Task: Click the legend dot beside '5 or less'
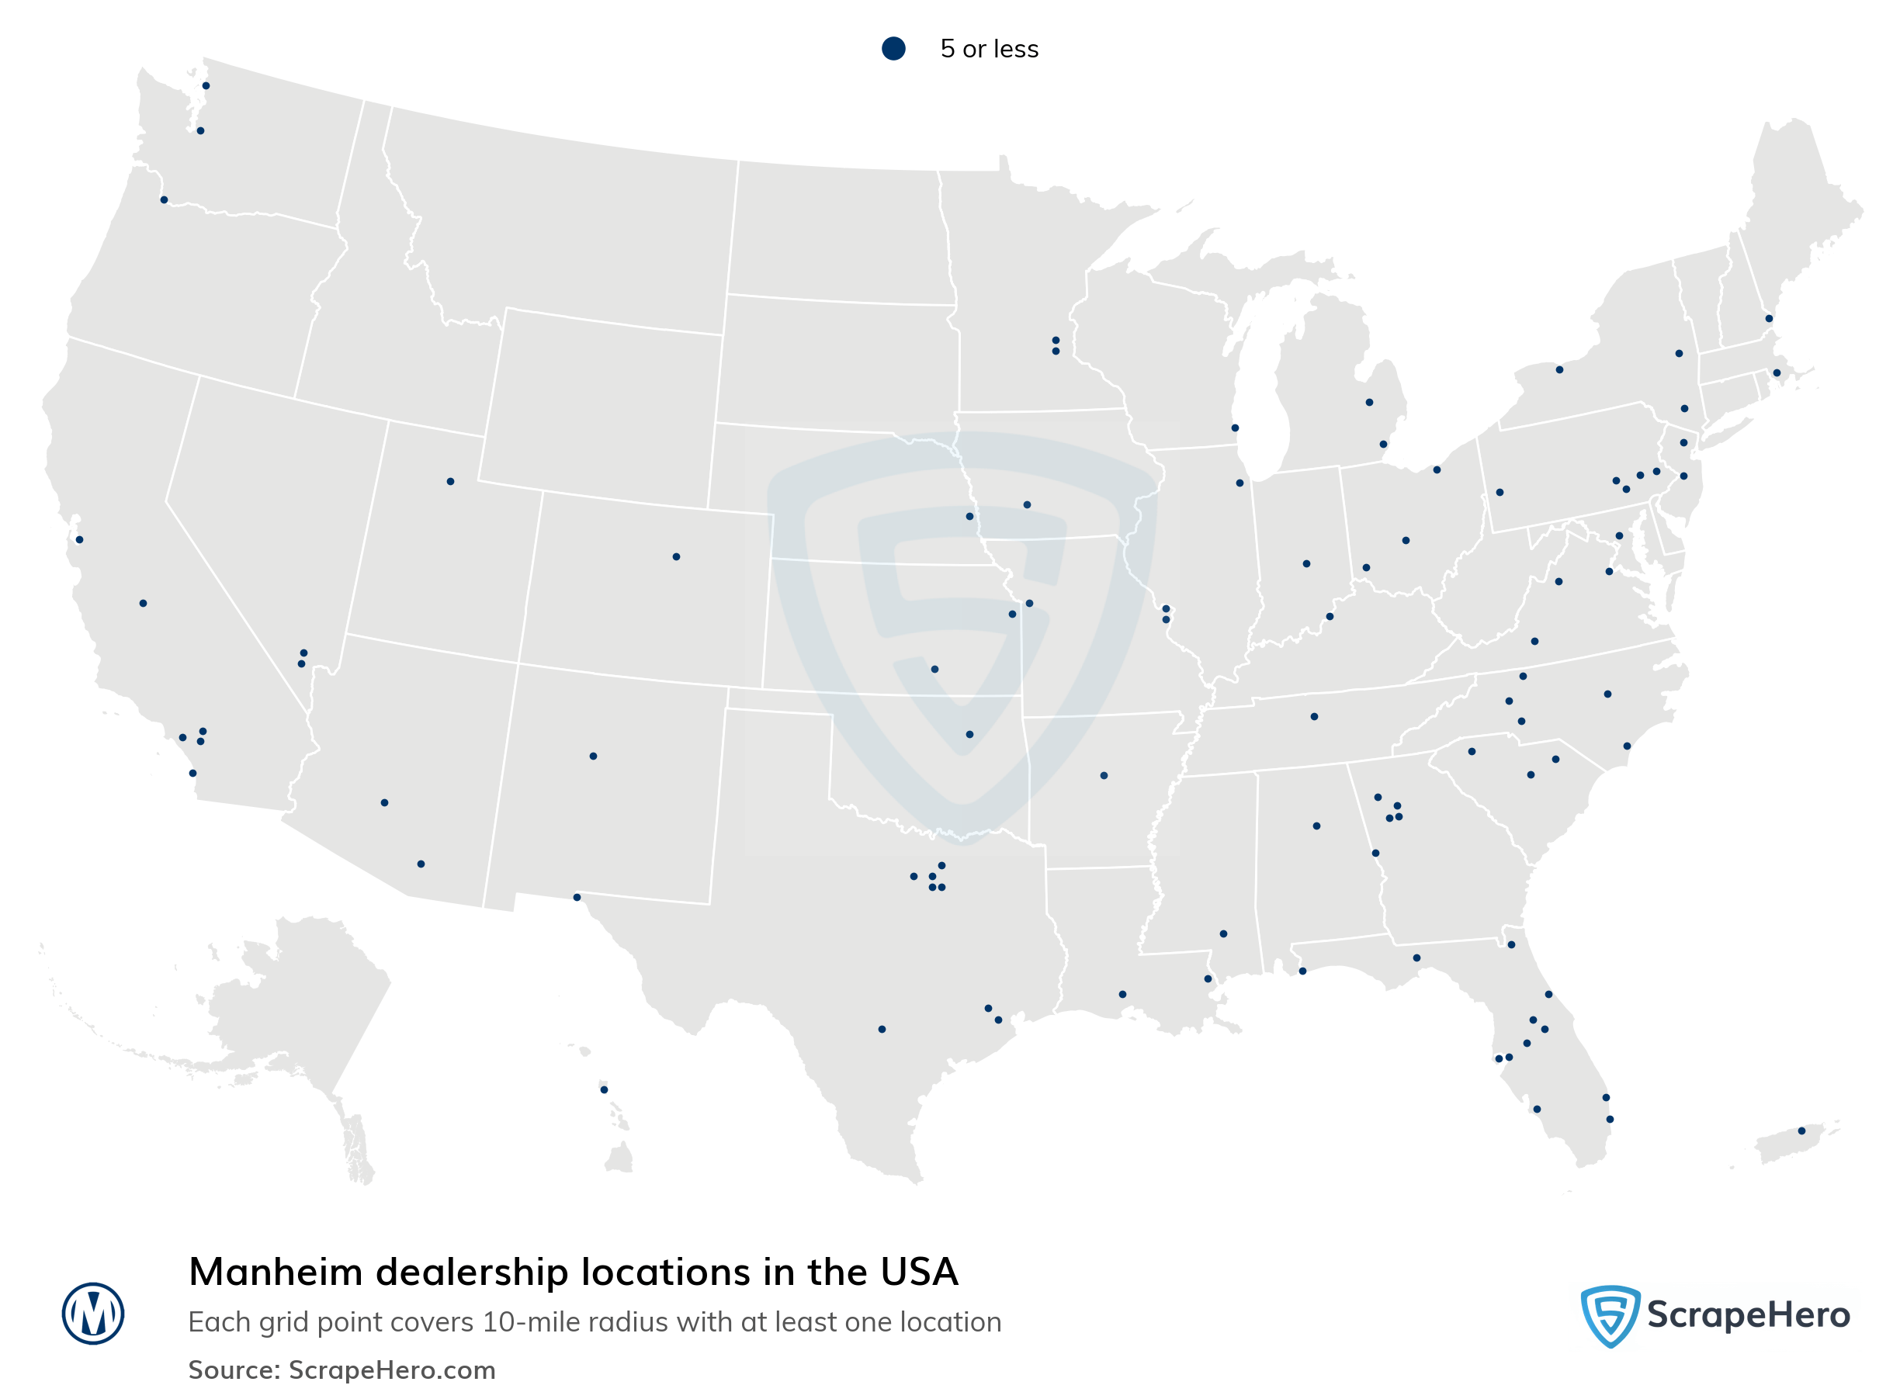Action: coord(893,48)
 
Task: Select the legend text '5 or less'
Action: coord(989,49)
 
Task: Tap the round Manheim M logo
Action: coord(93,1314)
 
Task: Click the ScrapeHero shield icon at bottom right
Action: coord(1609,1315)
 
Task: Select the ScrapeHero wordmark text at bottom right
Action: coord(1748,1315)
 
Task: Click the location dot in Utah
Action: coord(450,482)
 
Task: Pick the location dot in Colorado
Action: coord(676,556)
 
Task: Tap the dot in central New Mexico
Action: coord(593,757)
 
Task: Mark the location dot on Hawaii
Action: coord(604,1089)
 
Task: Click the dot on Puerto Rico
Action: coord(1801,1131)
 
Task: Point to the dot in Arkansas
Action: coord(1104,776)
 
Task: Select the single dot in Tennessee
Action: coord(1314,716)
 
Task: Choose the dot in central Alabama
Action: coord(1316,826)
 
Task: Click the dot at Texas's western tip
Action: coord(577,897)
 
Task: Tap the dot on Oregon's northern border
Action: coord(165,200)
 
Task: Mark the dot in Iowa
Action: coord(1027,504)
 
